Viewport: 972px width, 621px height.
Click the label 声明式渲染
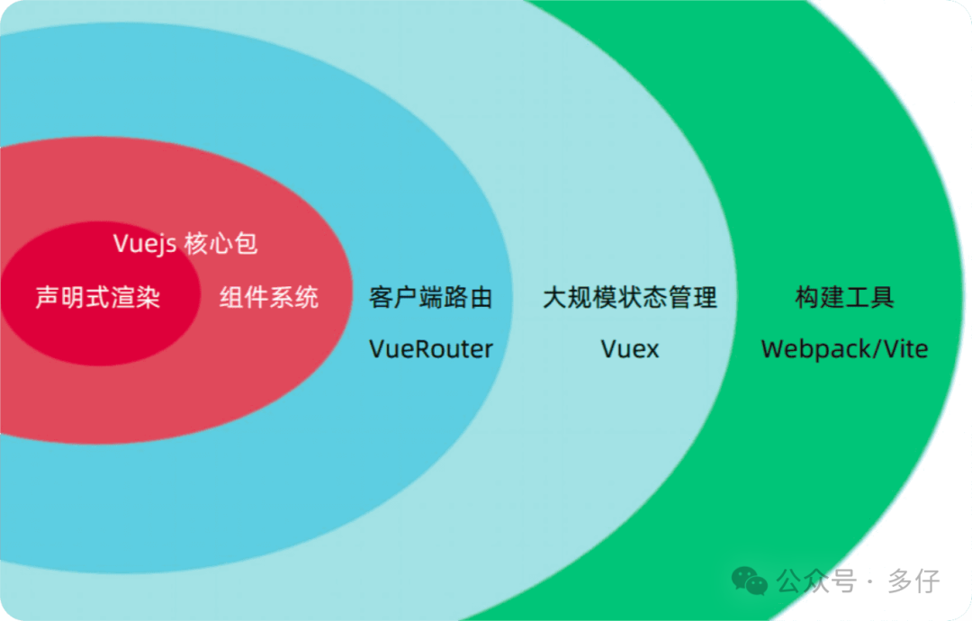coord(98,297)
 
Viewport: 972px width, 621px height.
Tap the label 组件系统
coord(269,297)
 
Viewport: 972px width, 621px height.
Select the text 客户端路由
coord(431,297)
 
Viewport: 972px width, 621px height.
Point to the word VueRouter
coord(431,349)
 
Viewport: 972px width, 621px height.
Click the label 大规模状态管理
coord(630,297)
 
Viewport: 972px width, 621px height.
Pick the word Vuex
coord(630,349)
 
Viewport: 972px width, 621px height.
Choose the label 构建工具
coord(845,297)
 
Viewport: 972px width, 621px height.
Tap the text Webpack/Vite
coord(845,349)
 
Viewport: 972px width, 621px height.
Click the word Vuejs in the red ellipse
coord(145,244)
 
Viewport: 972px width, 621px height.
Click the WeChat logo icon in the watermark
coord(750,580)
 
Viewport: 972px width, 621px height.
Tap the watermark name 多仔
coord(913,580)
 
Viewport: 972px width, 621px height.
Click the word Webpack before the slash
coord(806,349)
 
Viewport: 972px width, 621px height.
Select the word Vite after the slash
coord(904,349)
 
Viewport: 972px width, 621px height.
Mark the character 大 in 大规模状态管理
coord(554,297)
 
